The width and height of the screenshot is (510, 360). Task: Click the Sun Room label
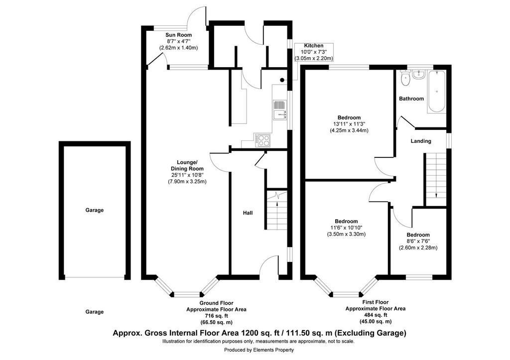tap(179, 35)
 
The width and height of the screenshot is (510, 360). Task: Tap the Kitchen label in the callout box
tap(314, 46)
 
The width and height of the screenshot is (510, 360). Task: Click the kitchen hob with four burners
tap(263, 140)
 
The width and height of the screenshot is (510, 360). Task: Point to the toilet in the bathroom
tap(405, 78)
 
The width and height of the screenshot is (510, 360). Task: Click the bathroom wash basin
tap(418, 75)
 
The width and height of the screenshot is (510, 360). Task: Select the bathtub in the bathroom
tap(436, 92)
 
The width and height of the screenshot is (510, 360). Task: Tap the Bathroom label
tap(411, 99)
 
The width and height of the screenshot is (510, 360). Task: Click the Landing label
tap(421, 141)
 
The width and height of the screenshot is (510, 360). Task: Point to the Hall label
tap(248, 213)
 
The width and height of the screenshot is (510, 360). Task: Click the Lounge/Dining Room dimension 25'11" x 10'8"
tap(187, 175)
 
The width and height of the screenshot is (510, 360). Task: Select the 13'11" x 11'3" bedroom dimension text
tap(349, 124)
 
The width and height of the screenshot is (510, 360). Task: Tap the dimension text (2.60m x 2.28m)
tap(418, 248)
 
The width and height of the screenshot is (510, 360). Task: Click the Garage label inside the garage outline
tap(95, 210)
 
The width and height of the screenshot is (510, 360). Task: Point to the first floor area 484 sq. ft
tap(376, 315)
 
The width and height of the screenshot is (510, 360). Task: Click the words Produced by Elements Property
tap(259, 350)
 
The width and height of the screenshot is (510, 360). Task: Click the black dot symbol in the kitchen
tap(282, 80)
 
